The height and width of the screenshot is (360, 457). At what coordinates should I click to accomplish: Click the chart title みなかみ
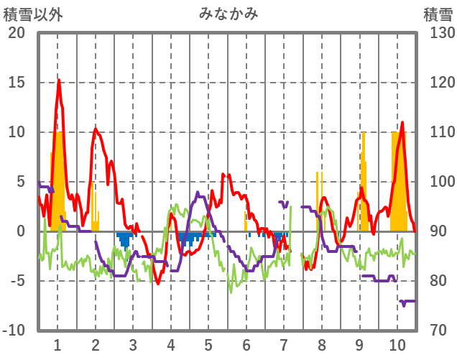[x=228, y=14]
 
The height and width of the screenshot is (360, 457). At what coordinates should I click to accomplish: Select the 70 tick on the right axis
[x=436, y=331]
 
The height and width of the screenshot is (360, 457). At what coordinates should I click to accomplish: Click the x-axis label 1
[x=57, y=343]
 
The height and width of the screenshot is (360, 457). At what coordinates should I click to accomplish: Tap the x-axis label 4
[x=170, y=343]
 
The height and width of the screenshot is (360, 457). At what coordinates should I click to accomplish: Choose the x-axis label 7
[x=284, y=343]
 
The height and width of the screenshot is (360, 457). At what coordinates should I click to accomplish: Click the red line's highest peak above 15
[x=59, y=80]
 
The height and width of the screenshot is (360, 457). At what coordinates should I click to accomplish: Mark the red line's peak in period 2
[x=96, y=129]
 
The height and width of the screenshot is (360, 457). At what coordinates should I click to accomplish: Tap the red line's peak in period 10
[x=402, y=123]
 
